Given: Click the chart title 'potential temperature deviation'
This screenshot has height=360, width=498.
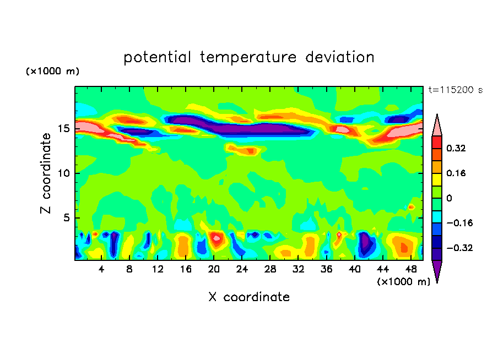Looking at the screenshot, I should [x=248, y=57].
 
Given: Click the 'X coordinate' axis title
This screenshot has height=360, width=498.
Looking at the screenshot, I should [x=249, y=297].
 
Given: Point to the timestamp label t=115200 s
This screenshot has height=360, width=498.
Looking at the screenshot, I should [x=456, y=90].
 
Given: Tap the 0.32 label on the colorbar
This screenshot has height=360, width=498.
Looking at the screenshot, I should [x=457, y=148].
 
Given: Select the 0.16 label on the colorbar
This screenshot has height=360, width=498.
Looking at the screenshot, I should [x=457, y=173].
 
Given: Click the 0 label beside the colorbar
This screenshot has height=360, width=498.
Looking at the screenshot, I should [x=448, y=198].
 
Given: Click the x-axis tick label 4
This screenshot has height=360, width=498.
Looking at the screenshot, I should [x=101, y=269].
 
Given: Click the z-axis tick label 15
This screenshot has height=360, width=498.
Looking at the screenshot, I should [x=63, y=129].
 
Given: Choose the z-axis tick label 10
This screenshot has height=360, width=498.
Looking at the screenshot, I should [x=63, y=173].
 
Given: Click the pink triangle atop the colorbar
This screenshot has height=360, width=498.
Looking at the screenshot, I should [x=437, y=125].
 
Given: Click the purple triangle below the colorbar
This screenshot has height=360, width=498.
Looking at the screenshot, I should [x=437, y=271].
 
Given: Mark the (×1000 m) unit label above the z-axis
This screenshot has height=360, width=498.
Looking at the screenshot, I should [x=52, y=72].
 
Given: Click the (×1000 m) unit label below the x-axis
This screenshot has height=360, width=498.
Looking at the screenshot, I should [x=403, y=281].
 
